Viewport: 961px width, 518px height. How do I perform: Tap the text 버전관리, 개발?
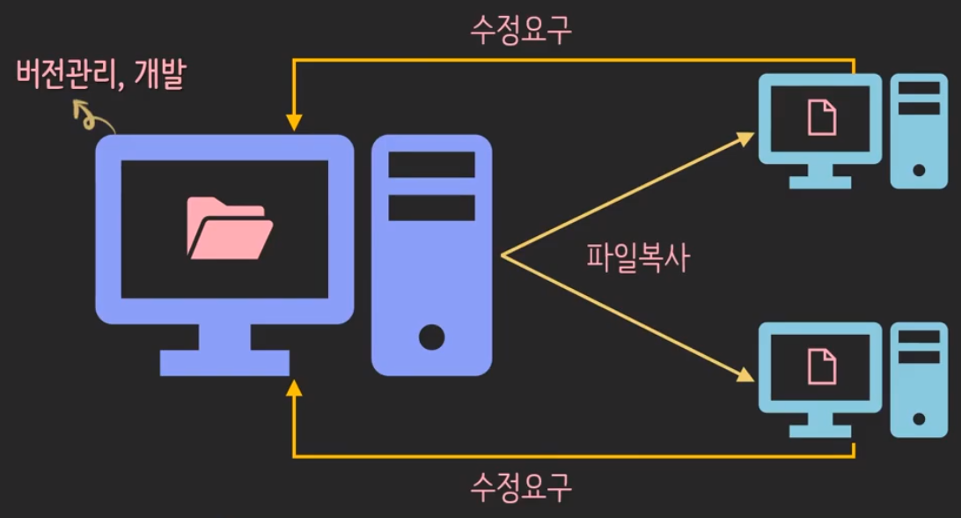point(102,76)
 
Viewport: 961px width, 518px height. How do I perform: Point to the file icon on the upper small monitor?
point(822,117)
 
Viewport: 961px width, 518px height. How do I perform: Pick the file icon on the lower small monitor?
point(822,365)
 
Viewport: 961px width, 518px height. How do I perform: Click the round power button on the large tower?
point(431,337)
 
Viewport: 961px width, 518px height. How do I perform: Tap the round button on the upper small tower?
point(919,168)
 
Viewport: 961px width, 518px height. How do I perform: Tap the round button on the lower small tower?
point(919,418)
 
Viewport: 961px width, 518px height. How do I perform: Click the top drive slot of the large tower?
point(431,165)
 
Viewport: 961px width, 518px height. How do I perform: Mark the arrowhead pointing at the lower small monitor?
point(746,377)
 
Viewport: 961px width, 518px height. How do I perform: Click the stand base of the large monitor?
point(224,362)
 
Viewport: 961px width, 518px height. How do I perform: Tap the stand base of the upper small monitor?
point(820,182)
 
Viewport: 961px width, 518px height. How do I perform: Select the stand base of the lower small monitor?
point(820,432)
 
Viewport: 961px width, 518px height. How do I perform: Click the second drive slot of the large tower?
point(431,207)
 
